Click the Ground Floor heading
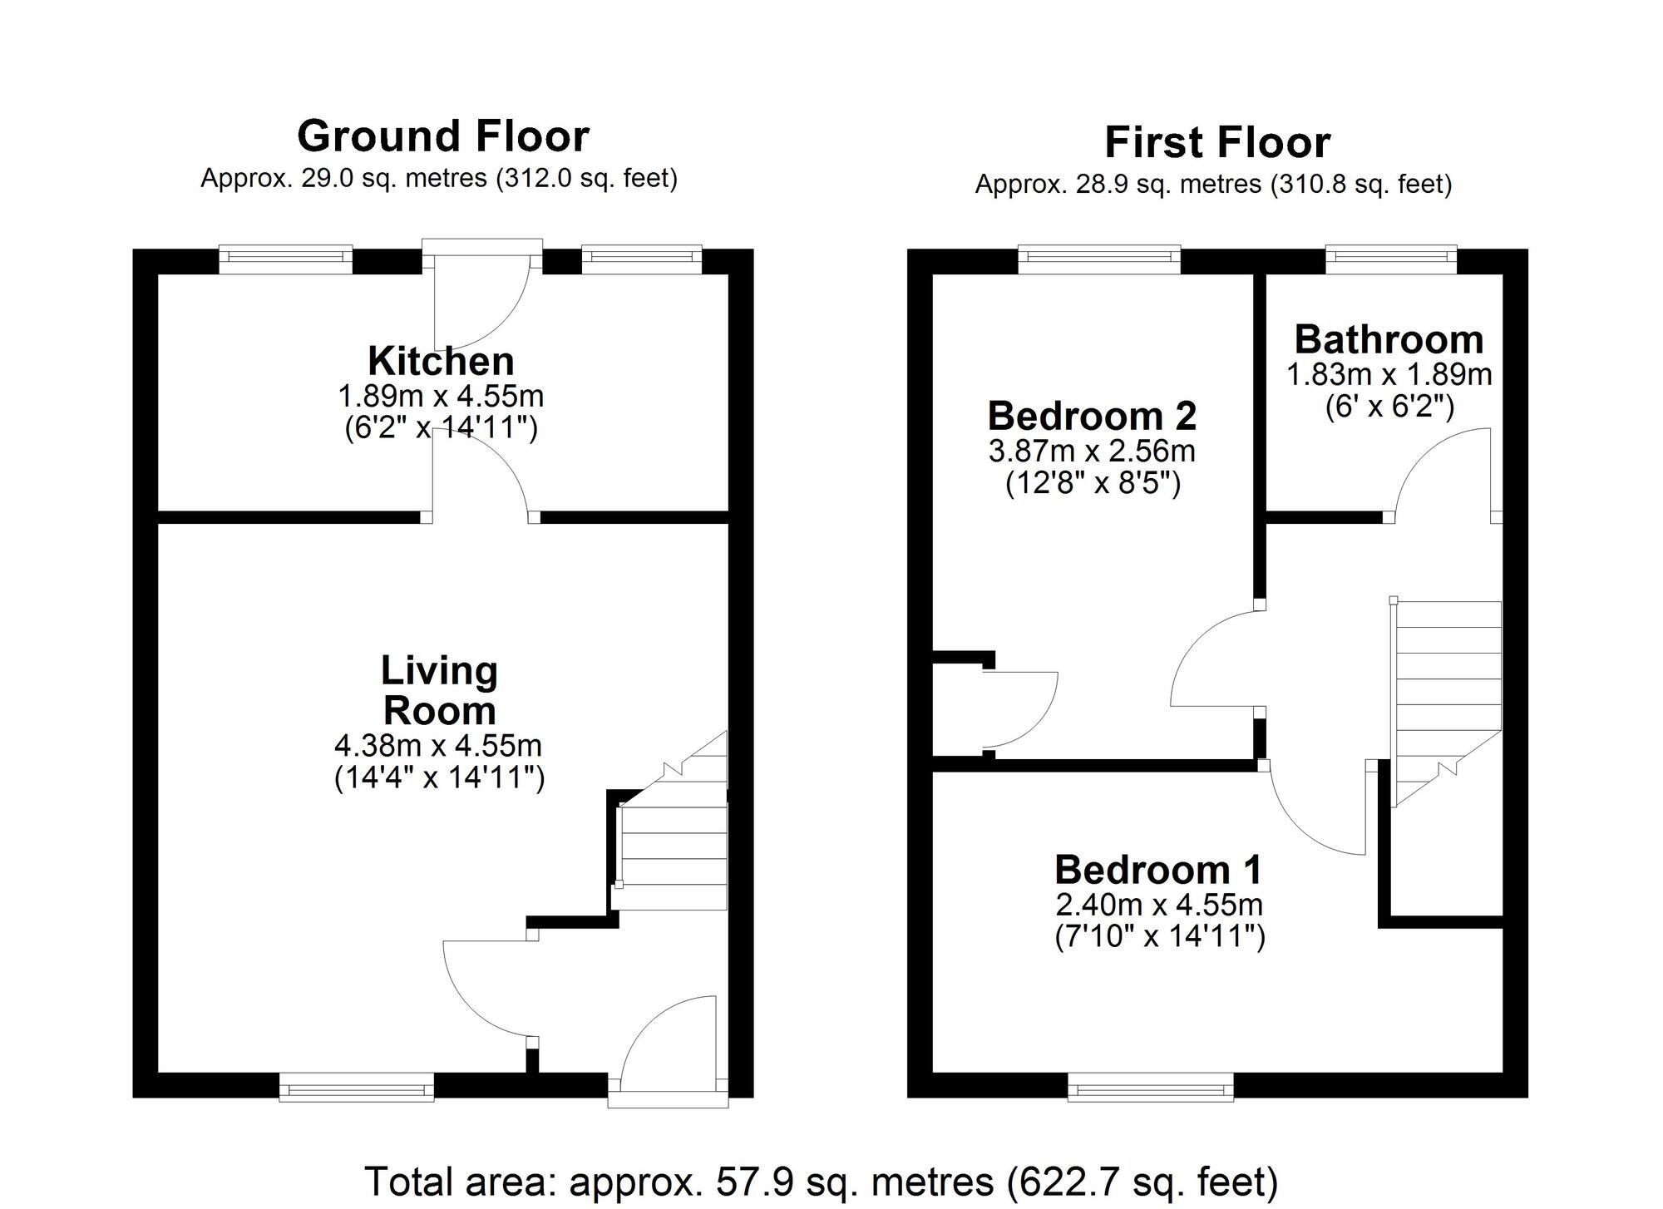(x=443, y=136)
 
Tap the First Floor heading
(x=1217, y=142)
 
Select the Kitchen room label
(x=441, y=361)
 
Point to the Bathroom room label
(x=1389, y=339)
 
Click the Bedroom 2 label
(x=1092, y=416)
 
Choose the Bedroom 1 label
(x=1158, y=870)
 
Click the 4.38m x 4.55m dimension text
(x=438, y=745)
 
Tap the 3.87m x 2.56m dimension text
(x=1092, y=451)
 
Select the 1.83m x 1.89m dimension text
(x=1389, y=374)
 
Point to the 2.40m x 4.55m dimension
(x=1159, y=904)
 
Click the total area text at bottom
(x=821, y=1181)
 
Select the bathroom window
(x=1391, y=259)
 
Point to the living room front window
(x=357, y=1088)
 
